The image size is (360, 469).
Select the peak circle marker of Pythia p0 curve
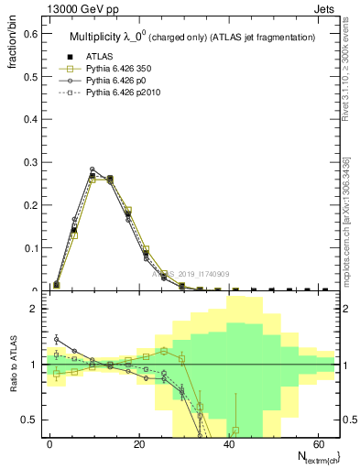tap(93, 169)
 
